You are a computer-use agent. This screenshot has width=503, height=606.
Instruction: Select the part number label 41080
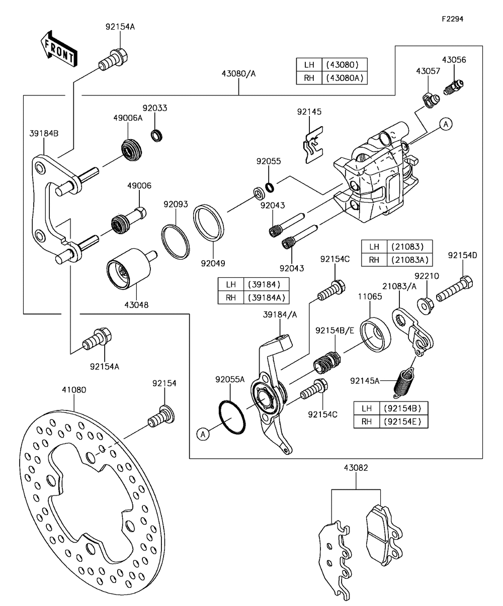click(74, 390)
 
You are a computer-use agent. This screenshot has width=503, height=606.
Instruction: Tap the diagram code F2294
click(452, 19)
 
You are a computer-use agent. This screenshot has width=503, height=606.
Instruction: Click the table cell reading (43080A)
click(345, 78)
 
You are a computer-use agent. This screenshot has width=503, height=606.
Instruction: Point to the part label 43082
click(356, 468)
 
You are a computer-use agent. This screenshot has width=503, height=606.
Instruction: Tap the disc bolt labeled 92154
click(161, 417)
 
